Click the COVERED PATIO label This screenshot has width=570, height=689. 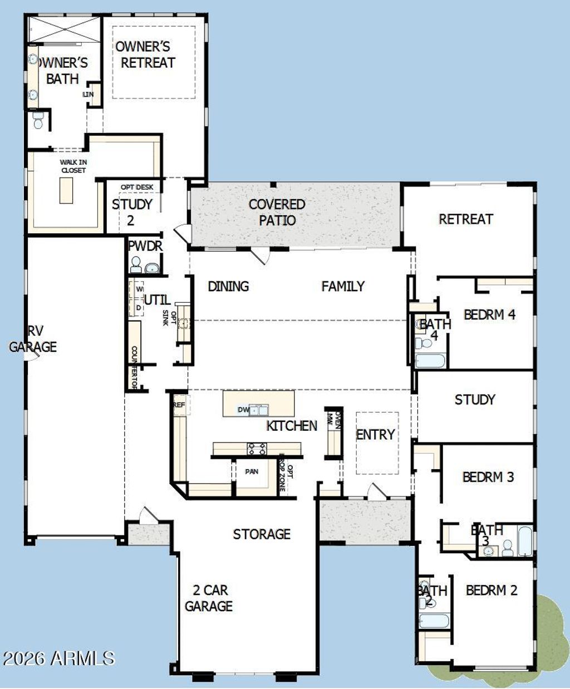pos(277,212)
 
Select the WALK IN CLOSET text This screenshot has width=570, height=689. pos(73,166)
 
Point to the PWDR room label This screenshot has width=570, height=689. pos(145,246)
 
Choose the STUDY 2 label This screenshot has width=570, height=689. pos(131,211)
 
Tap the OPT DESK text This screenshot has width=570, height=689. pos(137,187)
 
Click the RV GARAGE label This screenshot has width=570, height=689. pos(33,339)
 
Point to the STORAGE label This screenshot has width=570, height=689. pos(262,534)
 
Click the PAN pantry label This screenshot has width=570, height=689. pos(252,471)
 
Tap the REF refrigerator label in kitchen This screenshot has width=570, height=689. pos(179,405)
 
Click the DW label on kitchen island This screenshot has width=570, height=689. pos(243,410)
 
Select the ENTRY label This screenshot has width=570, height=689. pos(376,434)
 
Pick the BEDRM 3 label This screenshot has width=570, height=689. pos(488,477)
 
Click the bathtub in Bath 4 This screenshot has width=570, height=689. pos(430,361)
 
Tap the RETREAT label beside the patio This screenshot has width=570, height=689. pos(466,219)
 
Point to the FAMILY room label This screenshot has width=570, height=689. pos(343,286)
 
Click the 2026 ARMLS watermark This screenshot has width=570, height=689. pos(58,658)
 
